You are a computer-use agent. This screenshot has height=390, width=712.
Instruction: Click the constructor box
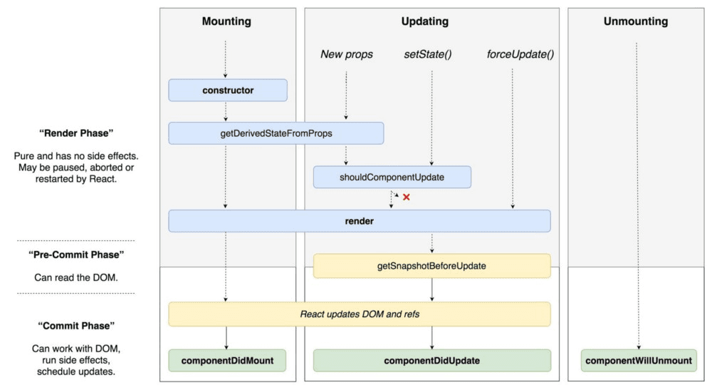[228, 91]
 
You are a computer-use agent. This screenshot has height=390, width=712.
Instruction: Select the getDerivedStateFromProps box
[276, 133]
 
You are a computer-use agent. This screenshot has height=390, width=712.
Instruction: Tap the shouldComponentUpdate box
[392, 177]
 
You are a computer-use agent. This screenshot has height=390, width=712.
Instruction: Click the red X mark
[407, 197]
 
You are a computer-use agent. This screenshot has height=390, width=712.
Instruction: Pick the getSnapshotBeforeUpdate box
[431, 266]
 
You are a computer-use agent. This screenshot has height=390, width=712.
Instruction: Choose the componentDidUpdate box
[431, 361]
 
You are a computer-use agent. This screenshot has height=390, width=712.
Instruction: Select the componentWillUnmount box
[638, 361]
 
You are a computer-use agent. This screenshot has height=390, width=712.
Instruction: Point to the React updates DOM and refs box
[360, 314]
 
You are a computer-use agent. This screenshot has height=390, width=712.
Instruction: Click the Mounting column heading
[226, 21]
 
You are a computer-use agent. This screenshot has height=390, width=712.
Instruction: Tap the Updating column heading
[424, 21]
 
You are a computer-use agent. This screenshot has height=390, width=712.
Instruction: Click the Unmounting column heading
[636, 21]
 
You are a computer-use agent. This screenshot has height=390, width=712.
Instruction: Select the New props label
[346, 54]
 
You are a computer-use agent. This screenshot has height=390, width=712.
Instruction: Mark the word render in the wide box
[360, 221]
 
